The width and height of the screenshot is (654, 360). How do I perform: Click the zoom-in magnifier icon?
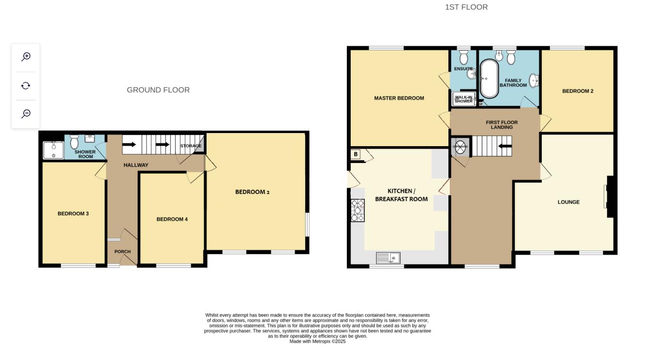point(26,57)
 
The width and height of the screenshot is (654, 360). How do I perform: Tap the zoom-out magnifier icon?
point(26,114)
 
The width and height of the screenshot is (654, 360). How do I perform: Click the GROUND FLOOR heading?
point(158,90)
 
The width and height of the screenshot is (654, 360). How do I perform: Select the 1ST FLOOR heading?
point(466,7)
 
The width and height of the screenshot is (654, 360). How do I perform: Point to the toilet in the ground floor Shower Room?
point(74,142)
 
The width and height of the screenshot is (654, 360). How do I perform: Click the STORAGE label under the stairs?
point(191,146)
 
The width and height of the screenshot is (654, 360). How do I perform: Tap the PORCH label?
point(122,252)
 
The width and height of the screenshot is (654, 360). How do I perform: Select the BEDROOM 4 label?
point(172,219)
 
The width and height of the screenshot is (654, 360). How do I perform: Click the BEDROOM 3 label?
point(73,213)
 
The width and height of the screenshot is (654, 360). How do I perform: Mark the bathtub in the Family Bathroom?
point(489,79)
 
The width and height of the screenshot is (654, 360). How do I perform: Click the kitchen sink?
point(388,258)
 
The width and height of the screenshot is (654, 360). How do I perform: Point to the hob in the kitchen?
point(357,210)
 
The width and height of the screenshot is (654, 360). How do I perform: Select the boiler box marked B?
point(356,154)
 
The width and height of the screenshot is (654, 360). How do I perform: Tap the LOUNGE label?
point(568,202)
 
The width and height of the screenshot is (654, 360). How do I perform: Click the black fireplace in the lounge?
point(610,196)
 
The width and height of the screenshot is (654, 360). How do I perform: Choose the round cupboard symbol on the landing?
point(460,147)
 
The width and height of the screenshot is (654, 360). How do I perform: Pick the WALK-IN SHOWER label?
point(463,99)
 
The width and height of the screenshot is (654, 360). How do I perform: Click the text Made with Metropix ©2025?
point(317,342)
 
